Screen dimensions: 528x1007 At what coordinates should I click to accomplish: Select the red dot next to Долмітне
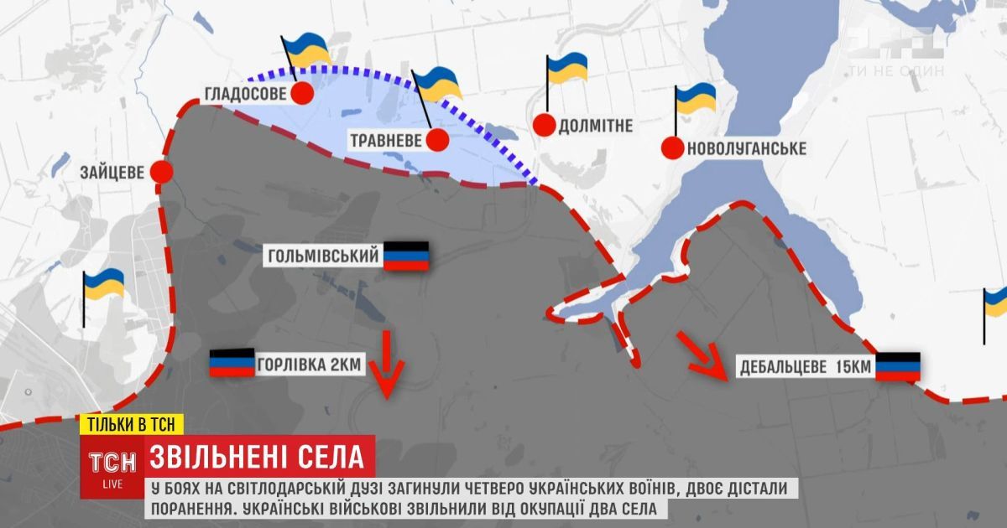[545, 126]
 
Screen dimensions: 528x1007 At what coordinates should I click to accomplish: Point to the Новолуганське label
[746, 149]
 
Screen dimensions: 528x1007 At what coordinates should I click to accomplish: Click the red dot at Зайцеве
[161, 173]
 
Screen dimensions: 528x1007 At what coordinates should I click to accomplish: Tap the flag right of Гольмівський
[406, 256]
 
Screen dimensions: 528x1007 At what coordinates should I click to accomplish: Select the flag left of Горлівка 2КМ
[232, 363]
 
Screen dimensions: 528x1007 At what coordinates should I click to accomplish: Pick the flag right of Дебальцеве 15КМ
[898, 366]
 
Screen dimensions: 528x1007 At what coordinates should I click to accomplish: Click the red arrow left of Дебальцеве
[702, 354]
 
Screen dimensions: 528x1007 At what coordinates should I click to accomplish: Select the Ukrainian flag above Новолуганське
[695, 99]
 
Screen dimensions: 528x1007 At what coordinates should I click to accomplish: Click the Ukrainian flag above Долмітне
[566, 69]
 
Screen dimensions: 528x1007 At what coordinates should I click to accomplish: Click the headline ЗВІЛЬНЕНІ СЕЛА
[257, 457]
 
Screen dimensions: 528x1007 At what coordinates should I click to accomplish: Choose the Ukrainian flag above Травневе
[436, 84]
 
